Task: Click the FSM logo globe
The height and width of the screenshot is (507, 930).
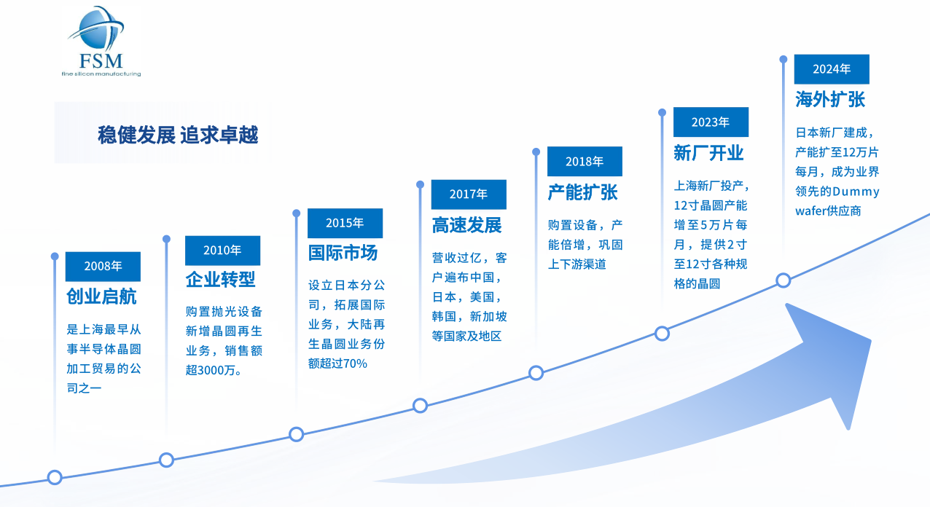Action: (98, 29)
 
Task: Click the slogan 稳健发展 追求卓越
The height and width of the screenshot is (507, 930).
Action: (178, 135)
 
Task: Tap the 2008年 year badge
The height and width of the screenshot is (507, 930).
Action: (103, 266)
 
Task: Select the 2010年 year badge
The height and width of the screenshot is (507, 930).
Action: (222, 250)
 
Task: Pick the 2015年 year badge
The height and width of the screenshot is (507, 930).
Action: (345, 223)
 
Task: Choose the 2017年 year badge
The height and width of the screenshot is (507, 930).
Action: (468, 194)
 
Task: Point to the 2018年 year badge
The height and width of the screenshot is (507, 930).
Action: (585, 161)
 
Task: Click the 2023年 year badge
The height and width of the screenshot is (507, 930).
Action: (711, 122)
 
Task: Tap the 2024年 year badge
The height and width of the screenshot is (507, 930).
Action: (832, 68)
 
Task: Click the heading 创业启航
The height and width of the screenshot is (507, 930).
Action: (101, 296)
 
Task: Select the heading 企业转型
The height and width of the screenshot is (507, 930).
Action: (221, 279)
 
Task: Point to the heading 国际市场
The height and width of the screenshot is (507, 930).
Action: (343, 252)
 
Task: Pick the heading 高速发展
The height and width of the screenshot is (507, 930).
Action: (466, 224)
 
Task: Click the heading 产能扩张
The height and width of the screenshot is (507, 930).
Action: (583, 192)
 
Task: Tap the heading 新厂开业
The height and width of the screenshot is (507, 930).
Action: (708, 153)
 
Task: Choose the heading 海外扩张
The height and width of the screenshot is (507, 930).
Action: (830, 99)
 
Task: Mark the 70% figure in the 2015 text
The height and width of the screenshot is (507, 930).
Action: (354, 363)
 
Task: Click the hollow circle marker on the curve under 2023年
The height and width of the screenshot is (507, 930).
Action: (662, 334)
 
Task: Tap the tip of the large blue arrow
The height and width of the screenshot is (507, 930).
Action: (870, 339)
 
